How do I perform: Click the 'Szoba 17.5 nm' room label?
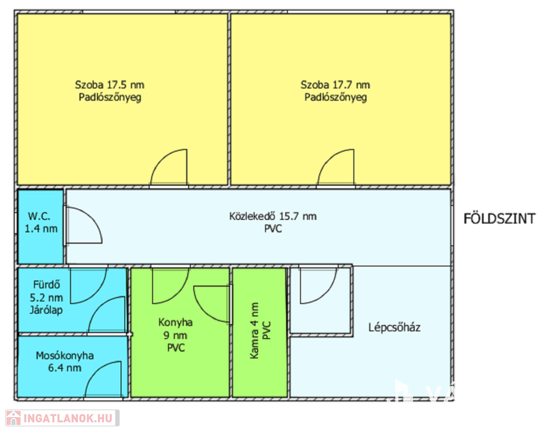(110, 85)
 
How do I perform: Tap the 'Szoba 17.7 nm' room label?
(335, 85)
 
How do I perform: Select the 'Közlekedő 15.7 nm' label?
(273, 216)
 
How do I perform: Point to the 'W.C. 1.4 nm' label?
(40, 222)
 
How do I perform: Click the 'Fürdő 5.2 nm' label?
(46, 291)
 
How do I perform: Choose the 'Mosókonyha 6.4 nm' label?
(65, 362)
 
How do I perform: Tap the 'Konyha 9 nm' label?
(175, 328)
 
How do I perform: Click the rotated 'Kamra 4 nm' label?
(255, 330)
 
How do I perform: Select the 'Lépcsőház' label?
(394, 327)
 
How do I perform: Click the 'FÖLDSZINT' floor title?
(499, 219)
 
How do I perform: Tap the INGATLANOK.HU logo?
(62, 418)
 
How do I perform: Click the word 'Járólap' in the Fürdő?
(46, 310)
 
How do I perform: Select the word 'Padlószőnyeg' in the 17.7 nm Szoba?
(335, 97)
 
